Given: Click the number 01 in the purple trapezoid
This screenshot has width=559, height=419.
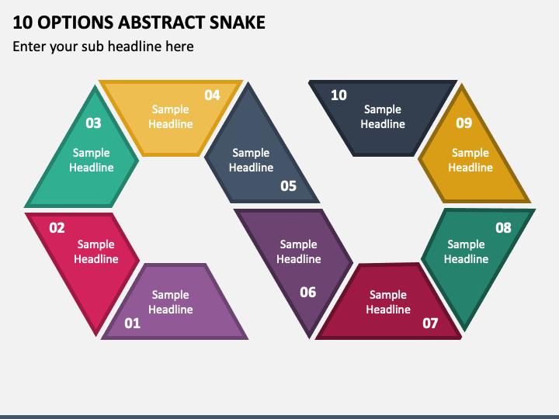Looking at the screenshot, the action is coord(132,323).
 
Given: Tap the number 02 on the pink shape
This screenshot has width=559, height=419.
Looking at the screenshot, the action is coord(57,227).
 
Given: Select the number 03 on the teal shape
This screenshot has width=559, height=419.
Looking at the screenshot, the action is coord(93,123).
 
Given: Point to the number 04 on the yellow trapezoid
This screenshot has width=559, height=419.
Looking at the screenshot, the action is coord(212,95).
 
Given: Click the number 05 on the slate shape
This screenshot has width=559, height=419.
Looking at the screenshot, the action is coord(288,185).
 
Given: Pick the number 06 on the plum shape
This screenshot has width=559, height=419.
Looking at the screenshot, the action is coord(308,293).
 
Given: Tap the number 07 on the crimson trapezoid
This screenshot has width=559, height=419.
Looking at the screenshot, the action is coord(430,323).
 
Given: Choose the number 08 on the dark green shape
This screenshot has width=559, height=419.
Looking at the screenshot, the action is coord(503,227).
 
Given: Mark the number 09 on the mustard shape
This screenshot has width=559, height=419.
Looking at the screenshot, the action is coord(464,123).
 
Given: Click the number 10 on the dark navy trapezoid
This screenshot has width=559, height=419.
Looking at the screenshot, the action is coord(339,95).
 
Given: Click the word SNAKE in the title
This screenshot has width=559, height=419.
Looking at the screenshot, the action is coord(238,23).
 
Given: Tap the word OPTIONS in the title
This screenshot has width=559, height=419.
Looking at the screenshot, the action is coord(75,23).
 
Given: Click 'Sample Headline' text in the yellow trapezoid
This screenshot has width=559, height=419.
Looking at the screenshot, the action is coord(171,116).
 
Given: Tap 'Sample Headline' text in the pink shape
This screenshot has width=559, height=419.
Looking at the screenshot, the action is coord(96,251).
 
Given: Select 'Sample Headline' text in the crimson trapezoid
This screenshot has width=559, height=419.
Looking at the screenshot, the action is coord(388,302).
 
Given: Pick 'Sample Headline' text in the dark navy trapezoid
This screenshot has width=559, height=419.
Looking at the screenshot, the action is coord(383,116).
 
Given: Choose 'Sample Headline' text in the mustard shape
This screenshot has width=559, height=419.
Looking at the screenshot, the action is coord(470,160).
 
